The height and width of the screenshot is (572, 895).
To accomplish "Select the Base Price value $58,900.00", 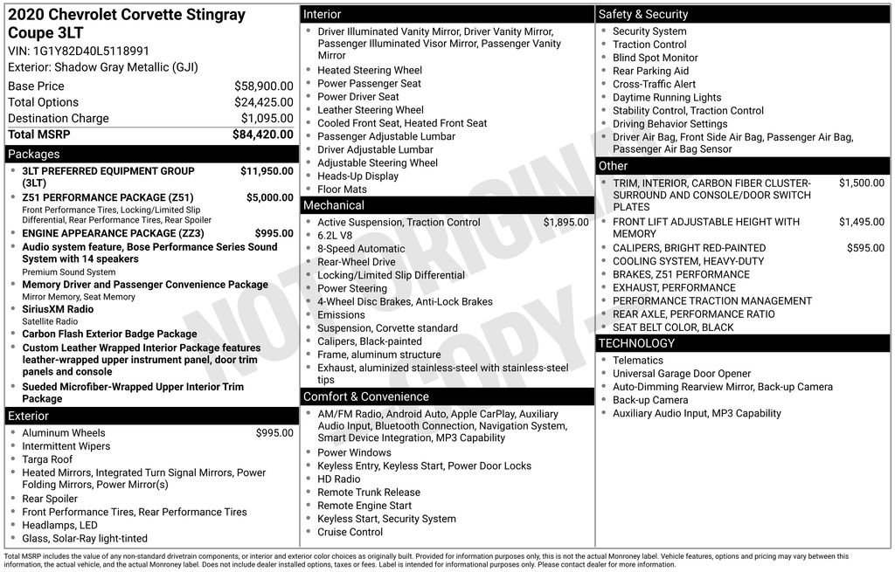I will click(x=263, y=86).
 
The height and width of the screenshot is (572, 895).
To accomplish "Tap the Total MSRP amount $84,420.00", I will click(x=262, y=134).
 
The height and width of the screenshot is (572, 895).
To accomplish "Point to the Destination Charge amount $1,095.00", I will click(x=267, y=119).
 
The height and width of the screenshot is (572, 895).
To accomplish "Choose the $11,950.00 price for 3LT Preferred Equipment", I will click(x=267, y=171).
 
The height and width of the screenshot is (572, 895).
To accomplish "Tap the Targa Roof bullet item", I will click(x=47, y=459).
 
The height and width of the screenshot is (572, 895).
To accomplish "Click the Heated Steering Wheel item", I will click(x=369, y=71).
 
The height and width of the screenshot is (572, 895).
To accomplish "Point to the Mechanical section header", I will click(x=333, y=205).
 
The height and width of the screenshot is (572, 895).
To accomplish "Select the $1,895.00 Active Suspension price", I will click(x=565, y=223).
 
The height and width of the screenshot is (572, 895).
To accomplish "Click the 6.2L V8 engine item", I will click(x=335, y=236).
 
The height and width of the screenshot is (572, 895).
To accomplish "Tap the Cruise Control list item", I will click(x=350, y=532).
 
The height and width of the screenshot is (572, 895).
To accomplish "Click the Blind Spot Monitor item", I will click(x=655, y=58).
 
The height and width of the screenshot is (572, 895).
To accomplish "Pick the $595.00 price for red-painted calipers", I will click(x=865, y=248).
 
